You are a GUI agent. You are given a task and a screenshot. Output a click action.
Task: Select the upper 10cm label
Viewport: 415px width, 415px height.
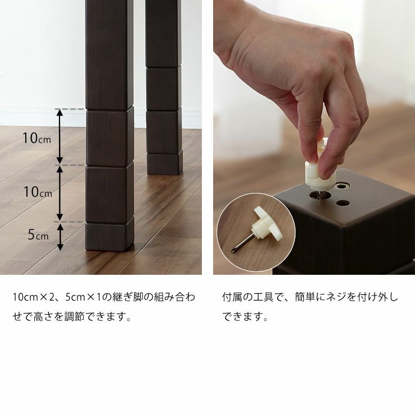(37, 137)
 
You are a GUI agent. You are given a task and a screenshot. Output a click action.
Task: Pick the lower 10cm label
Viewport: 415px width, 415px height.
(37, 192)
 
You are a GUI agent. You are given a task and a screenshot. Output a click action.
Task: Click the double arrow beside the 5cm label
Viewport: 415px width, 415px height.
(61, 236)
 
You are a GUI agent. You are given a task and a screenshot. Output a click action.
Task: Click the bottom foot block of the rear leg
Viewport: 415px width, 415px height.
(164, 163)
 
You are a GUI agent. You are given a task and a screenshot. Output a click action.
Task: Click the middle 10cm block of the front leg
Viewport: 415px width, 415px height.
(109, 192)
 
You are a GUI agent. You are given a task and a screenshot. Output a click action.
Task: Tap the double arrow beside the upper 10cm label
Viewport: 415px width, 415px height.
(61, 137)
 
